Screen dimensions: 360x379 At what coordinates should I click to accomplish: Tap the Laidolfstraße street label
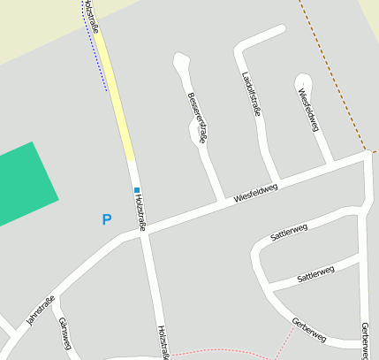click(251, 94)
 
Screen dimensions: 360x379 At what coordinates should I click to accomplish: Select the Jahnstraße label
click(41, 310)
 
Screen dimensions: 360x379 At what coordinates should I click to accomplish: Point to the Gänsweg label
click(64, 335)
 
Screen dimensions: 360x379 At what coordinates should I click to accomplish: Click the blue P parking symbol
click(107, 219)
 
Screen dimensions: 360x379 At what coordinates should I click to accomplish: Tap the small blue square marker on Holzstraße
click(136, 189)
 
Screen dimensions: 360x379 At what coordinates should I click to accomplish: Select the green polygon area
click(22, 186)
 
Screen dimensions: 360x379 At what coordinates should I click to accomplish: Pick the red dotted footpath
click(230, 351)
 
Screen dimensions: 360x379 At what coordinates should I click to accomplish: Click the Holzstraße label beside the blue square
click(141, 213)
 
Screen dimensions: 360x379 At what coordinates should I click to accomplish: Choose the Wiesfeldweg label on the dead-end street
click(307, 109)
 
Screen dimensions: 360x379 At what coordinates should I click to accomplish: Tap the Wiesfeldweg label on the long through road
click(256, 192)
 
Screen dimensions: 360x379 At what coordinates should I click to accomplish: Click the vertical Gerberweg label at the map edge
click(365, 340)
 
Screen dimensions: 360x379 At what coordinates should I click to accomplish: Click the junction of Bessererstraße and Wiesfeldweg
click(221, 201)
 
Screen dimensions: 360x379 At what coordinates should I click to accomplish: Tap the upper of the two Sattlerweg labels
click(289, 233)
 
